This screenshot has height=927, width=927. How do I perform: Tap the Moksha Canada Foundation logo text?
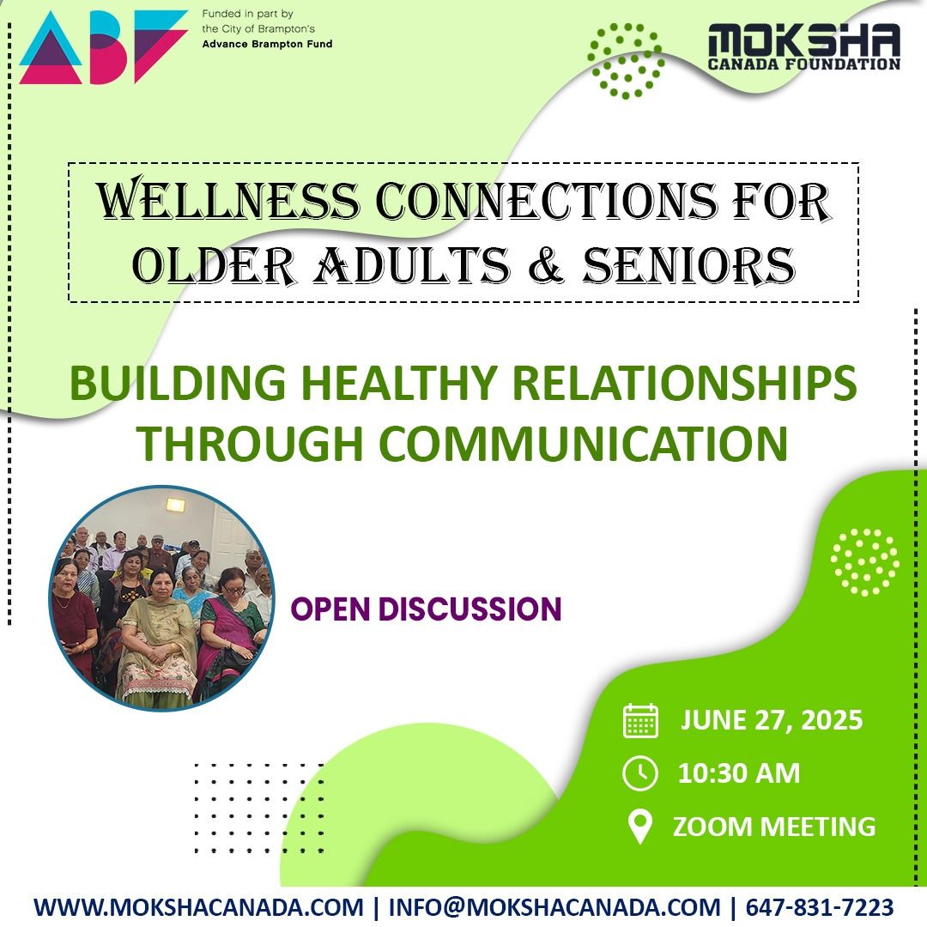tap(803, 46)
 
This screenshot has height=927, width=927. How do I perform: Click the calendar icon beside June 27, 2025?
tap(640, 721)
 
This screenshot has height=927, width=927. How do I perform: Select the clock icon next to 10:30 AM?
tap(640, 773)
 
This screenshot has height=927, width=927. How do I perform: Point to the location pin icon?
tap(640, 827)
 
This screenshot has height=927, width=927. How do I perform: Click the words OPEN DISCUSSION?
tap(426, 609)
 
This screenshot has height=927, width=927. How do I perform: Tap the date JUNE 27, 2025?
tap(772, 720)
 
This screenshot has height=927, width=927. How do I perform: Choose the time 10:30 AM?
tap(739, 773)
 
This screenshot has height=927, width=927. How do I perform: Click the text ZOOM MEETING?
tap(774, 827)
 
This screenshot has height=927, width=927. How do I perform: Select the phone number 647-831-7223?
tap(820, 907)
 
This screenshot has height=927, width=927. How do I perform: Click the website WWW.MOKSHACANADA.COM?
tap(198, 907)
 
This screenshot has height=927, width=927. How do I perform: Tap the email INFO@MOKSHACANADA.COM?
tap(554, 907)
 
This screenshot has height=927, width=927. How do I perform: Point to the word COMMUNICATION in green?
tap(583, 443)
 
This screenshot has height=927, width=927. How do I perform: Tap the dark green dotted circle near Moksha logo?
tap(625, 59)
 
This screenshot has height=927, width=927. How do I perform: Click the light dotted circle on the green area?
tap(864, 561)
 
